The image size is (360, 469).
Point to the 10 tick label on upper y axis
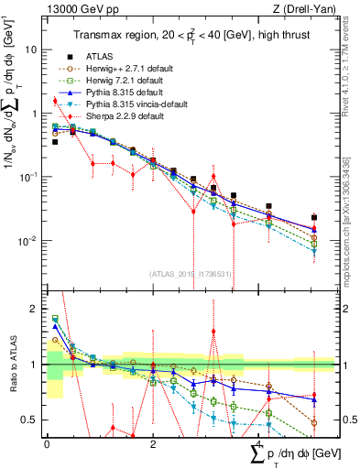coord(30,50)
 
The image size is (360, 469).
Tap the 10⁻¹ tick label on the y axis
coord(28,178)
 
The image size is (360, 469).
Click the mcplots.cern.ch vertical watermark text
coord(352,229)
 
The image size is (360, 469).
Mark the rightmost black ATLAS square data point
coord(314,218)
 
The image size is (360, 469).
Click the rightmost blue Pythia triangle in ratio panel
coord(314,399)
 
